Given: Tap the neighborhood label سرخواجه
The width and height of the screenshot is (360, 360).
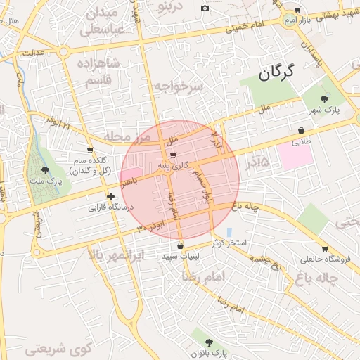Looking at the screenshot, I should pyautogui.click(x=178, y=86).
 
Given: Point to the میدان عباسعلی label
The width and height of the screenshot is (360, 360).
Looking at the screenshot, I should pyautogui.click(x=101, y=21).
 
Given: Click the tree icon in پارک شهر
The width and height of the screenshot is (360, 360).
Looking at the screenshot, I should pyautogui.click(x=323, y=99).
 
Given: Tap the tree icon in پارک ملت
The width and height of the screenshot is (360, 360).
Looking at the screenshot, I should pyautogui.click(x=45, y=170).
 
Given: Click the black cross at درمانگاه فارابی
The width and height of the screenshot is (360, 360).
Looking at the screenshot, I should pyautogui.click(x=110, y=197).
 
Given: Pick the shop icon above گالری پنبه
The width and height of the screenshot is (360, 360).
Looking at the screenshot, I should pyautogui.click(x=173, y=155).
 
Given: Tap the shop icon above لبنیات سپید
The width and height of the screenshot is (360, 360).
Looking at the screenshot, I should pyautogui.click(x=181, y=245).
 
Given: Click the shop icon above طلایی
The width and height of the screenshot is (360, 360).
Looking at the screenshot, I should pyautogui.click(x=301, y=131).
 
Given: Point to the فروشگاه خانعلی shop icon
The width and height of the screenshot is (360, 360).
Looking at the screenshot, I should pyautogui.click(x=324, y=247).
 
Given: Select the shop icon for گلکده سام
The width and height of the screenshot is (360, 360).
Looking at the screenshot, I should pyautogui.click(x=90, y=150).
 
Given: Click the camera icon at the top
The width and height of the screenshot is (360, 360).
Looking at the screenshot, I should pyautogui.click(x=205, y=8).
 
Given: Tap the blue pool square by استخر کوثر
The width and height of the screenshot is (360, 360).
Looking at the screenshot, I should pyautogui.click(x=229, y=232).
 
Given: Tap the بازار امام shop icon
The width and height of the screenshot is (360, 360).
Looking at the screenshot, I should pyautogui.click(x=297, y=10).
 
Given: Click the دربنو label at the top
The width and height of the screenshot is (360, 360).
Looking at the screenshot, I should pyautogui.click(x=171, y=6).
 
